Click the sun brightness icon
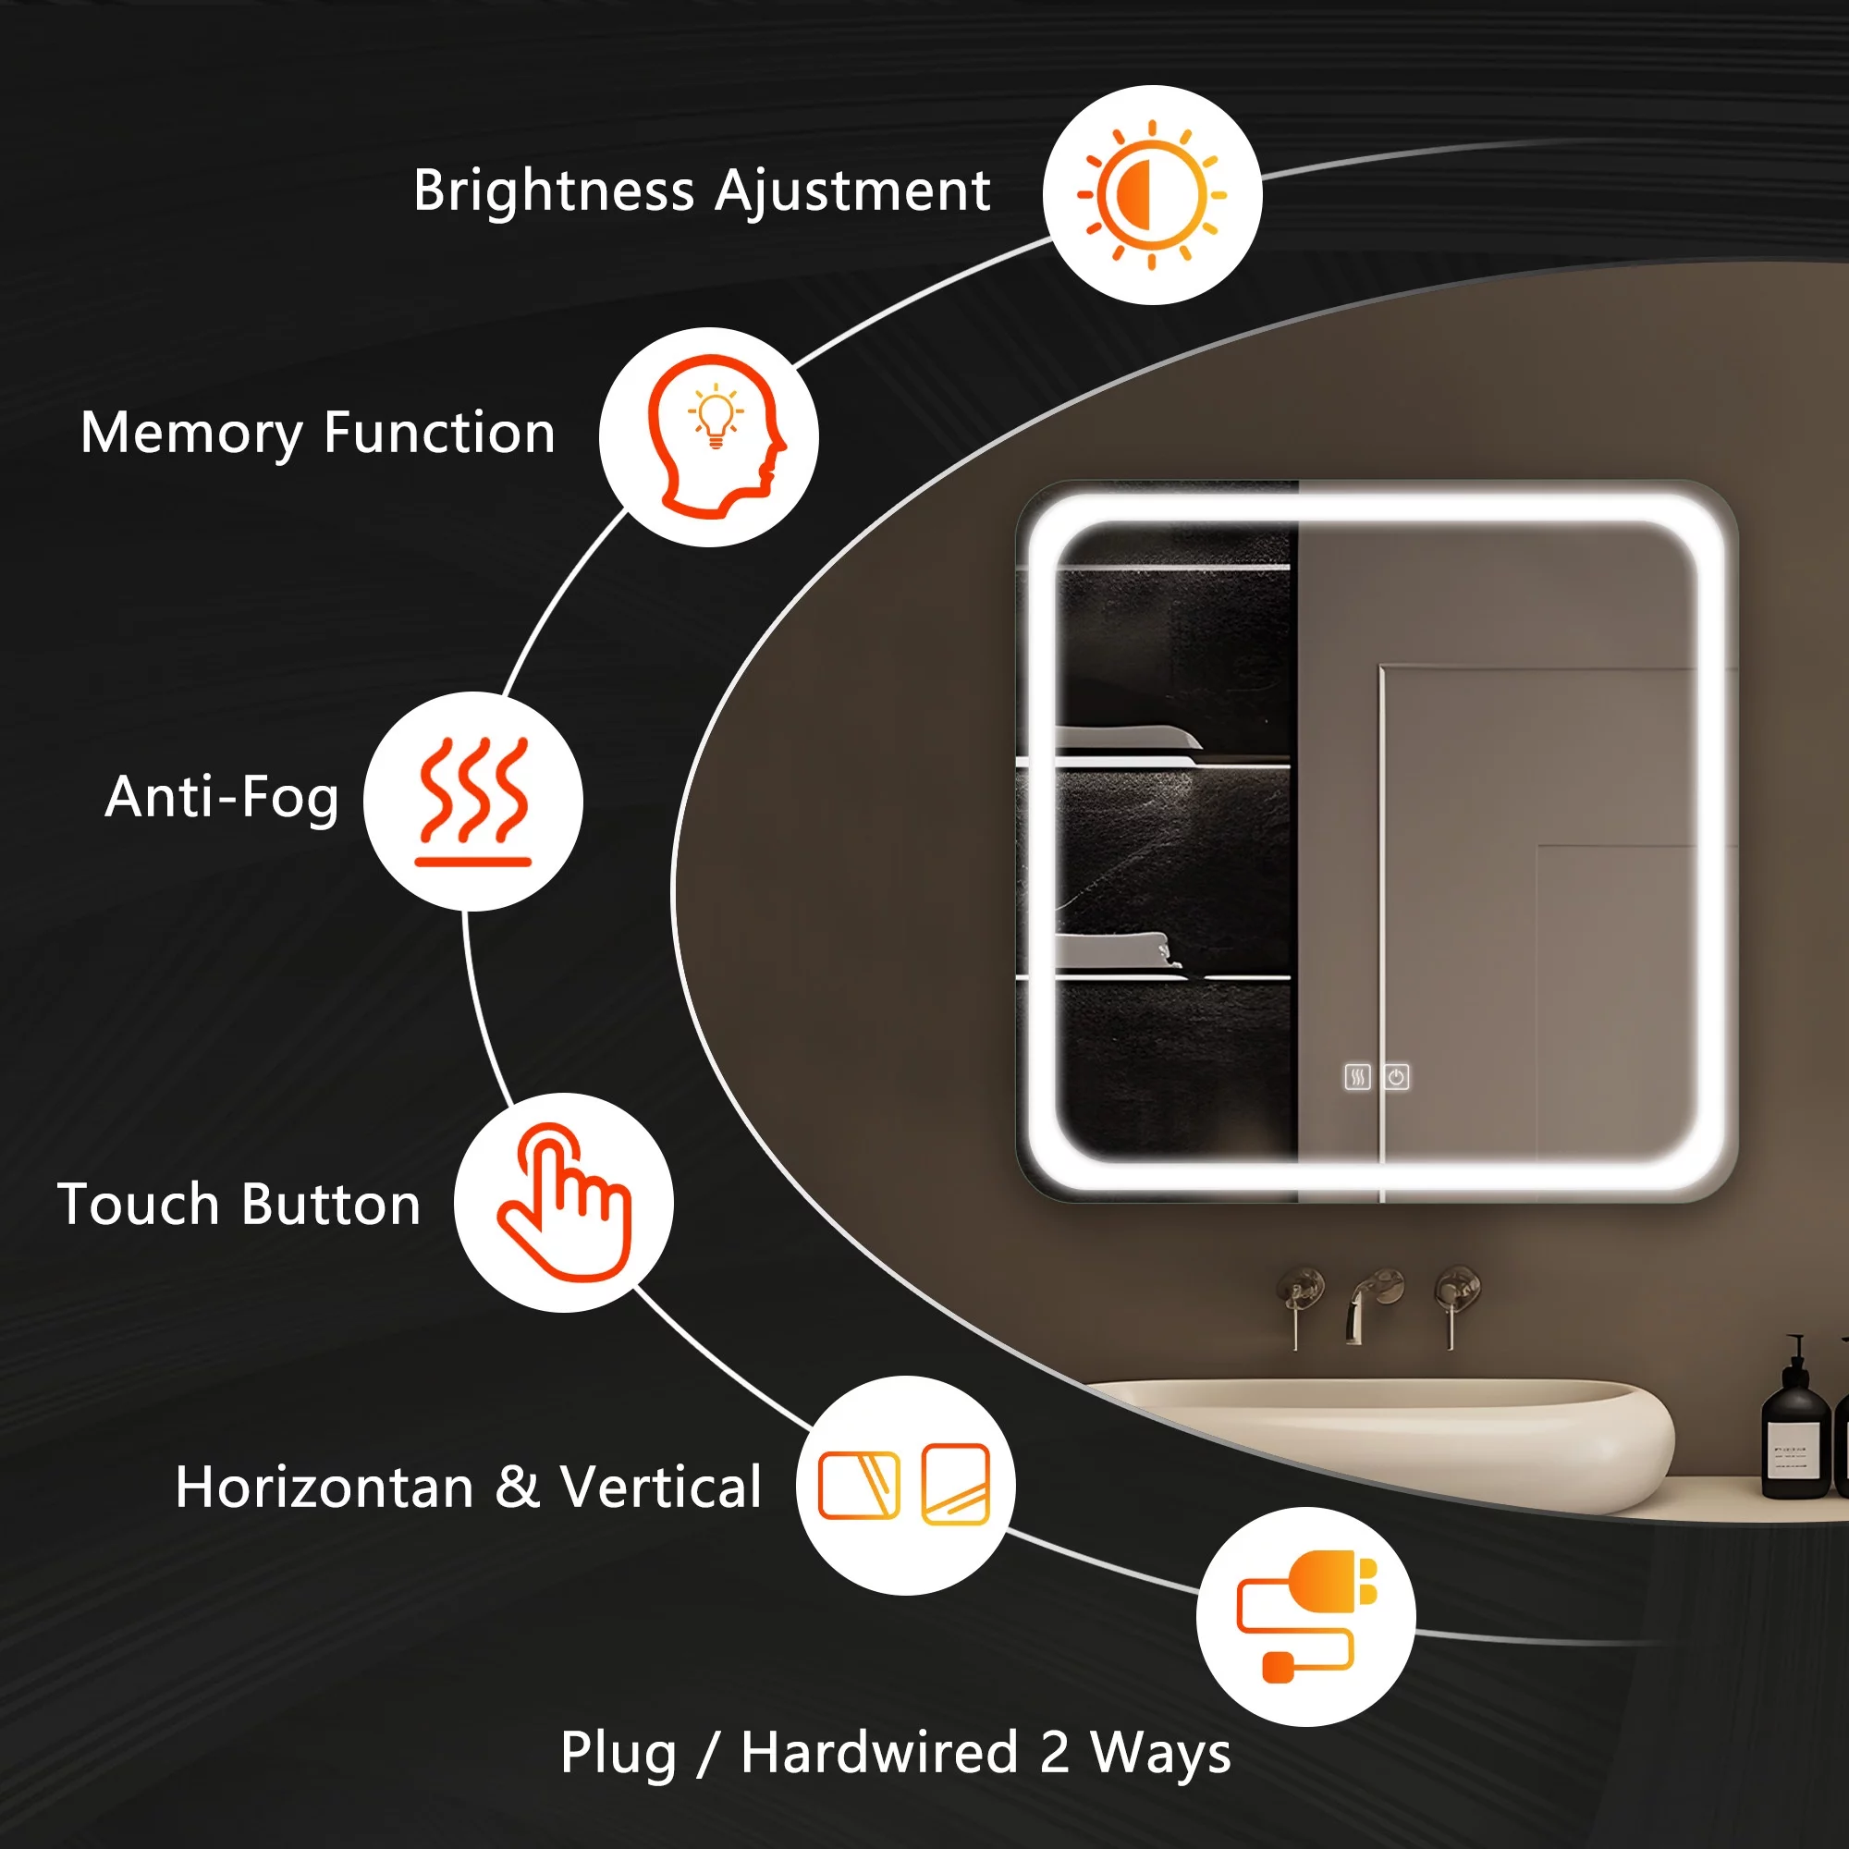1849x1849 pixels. (1151, 194)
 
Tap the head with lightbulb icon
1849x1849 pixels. (716, 436)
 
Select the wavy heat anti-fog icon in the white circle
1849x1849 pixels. (472, 801)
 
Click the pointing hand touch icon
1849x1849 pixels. (564, 1202)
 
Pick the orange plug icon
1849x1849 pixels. (1307, 1616)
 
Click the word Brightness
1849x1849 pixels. (554, 191)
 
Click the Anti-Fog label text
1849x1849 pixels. (222, 797)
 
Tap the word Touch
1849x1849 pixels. (138, 1204)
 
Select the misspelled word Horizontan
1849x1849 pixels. (324, 1488)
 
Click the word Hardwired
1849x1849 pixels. (879, 1752)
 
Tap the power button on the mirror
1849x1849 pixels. (1396, 1078)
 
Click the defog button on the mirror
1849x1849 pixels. (1357, 1078)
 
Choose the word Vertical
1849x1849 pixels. (660, 1488)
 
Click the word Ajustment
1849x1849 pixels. (852, 191)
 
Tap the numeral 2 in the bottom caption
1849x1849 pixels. (1054, 1752)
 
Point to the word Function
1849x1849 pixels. (439, 433)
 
